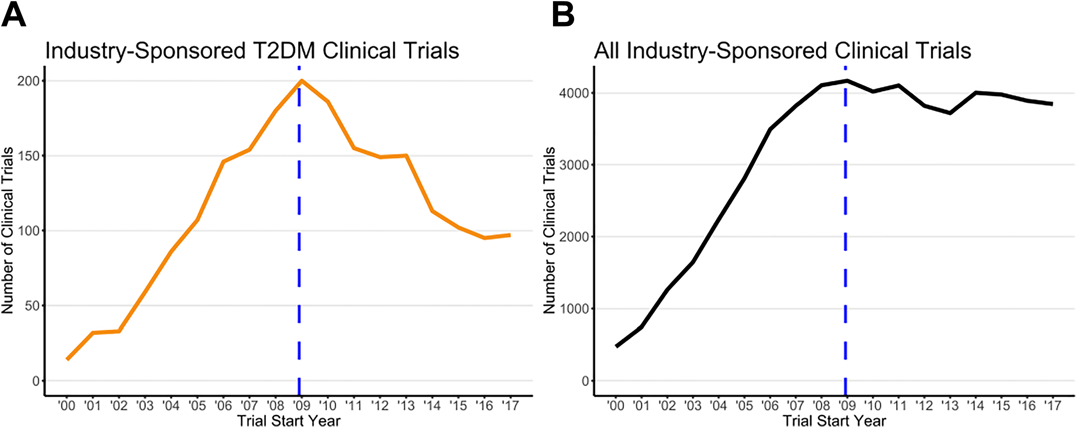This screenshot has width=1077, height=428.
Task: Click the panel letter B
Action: [563, 15]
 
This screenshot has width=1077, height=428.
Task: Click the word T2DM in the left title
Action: [284, 51]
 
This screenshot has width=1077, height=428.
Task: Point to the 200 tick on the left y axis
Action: [28, 81]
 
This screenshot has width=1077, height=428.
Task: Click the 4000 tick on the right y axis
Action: [574, 93]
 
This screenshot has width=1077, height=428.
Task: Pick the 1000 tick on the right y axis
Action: [574, 309]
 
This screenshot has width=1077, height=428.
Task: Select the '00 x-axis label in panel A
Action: [67, 405]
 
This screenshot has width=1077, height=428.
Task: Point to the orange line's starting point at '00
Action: [67, 359]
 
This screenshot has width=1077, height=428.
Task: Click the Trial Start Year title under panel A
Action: [289, 420]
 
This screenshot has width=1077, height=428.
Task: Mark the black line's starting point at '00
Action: [616, 346]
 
